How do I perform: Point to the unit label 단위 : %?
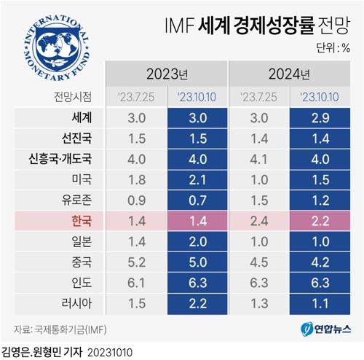[333, 49]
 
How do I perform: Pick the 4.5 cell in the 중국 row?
[258, 260]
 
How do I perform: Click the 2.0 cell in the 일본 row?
[197, 240]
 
